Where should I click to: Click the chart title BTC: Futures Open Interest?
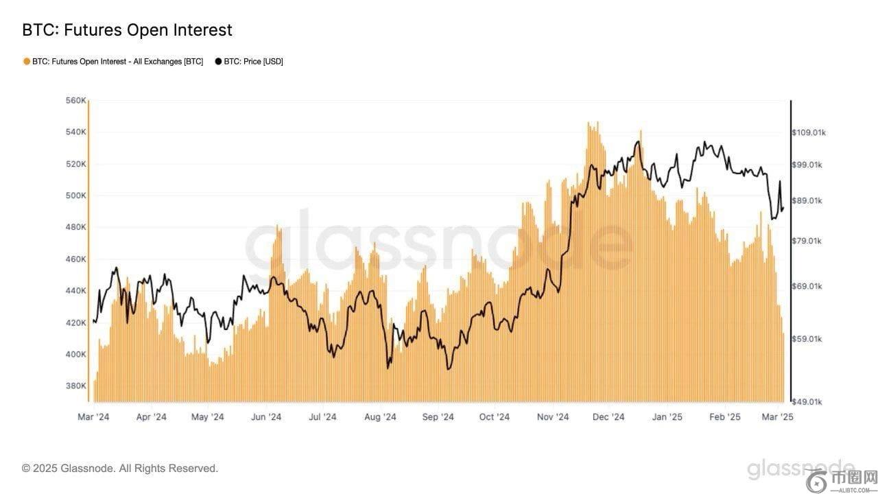[x=127, y=30]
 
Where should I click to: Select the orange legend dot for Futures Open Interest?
[x=27, y=61]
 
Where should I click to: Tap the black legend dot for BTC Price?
[x=218, y=61]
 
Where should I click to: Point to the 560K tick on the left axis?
[x=75, y=101]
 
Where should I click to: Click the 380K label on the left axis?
[x=75, y=386]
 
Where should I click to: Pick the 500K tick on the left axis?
[x=75, y=196]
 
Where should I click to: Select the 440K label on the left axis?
[x=75, y=291]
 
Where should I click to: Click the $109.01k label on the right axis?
[x=809, y=132]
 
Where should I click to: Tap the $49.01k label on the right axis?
[x=807, y=401]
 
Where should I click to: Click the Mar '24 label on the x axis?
[x=93, y=416]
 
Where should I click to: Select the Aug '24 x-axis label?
[x=380, y=416]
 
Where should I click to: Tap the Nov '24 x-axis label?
[x=553, y=416]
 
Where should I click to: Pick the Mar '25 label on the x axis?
[x=778, y=416]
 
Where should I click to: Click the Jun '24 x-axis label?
[x=265, y=416]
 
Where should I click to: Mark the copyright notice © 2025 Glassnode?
[x=120, y=469]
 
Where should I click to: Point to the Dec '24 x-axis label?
[x=608, y=416]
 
